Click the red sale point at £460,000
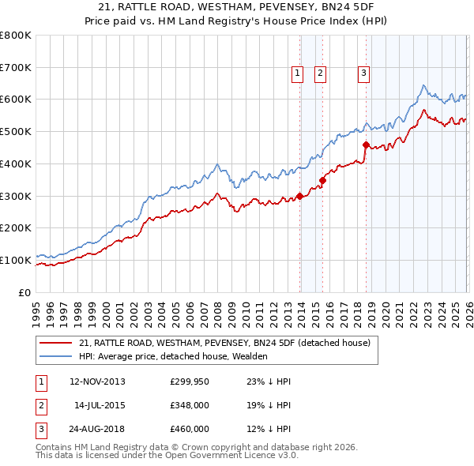pos(366,145)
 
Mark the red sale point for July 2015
pos(322,180)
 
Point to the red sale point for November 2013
pos(299,196)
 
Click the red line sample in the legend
pos(55,343)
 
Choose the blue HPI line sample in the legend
pos(55,356)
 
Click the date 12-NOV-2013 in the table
pos(97,381)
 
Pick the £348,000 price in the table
pos(189,405)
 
